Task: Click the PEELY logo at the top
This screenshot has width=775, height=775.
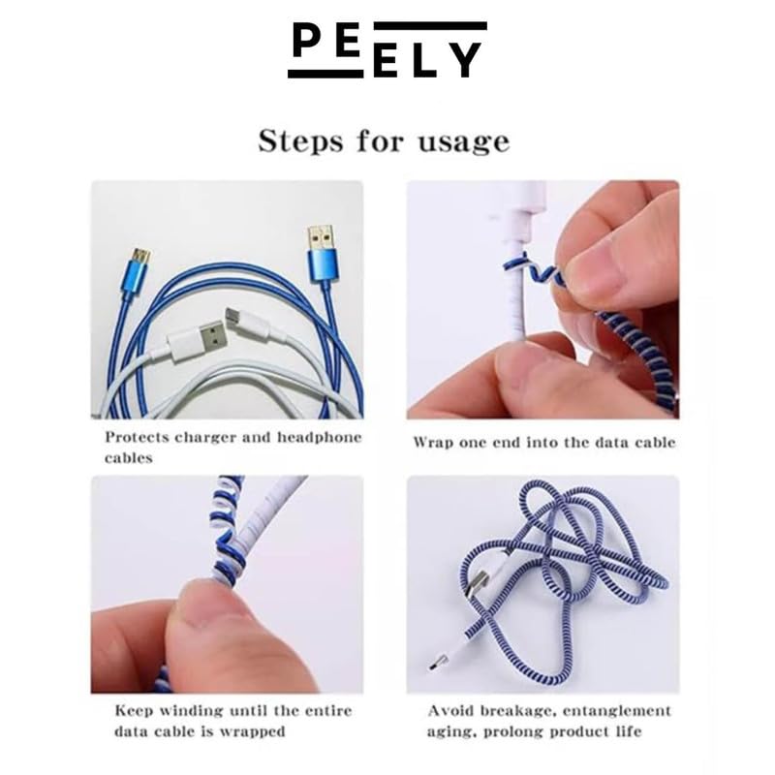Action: tap(387, 49)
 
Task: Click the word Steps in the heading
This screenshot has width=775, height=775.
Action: tap(300, 141)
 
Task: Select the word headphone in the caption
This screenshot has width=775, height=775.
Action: tap(320, 438)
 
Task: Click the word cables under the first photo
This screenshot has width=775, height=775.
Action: tap(129, 458)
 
